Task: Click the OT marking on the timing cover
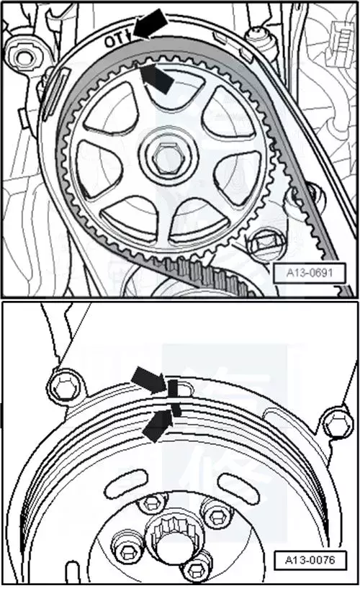117,39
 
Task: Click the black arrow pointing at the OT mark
150,23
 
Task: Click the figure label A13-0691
310,272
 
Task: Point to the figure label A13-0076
310,560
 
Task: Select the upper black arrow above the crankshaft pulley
149,379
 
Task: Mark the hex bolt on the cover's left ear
65,386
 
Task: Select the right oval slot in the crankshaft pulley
238,485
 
